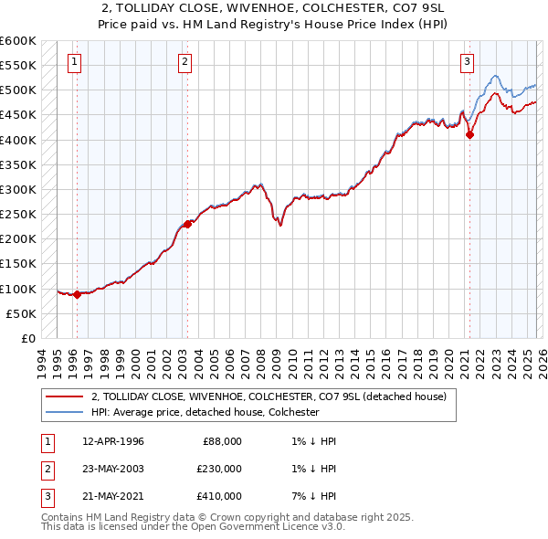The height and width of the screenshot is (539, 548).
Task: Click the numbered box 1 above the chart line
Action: (x=74, y=62)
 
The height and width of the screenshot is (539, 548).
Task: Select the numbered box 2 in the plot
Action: (x=184, y=62)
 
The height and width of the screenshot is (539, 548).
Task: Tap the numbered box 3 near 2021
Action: (x=467, y=62)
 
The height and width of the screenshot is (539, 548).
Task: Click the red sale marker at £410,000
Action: (x=470, y=135)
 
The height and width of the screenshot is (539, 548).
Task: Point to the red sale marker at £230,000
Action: (x=187, y=224)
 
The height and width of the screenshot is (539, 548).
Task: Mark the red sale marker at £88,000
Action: (x=77, y=294)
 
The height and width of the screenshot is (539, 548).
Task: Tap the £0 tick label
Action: (x=27, y=338)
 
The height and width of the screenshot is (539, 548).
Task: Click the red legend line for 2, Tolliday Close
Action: (x=64, y=396)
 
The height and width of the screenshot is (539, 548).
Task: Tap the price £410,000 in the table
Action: (x=219, y=497)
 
